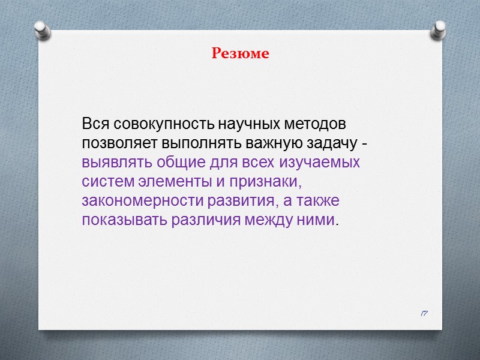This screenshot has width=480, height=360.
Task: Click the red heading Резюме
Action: pos(240,53)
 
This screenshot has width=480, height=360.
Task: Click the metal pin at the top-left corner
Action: pos(41,31)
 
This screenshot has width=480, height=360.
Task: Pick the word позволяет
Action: pos(112,144)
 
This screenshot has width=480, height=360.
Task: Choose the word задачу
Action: pos(334,144)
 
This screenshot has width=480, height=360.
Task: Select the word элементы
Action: pos(170,181)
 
